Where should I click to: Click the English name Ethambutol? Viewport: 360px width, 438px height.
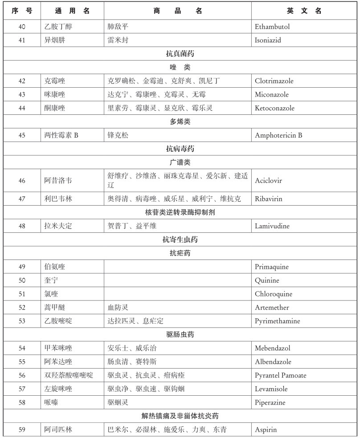pyautogui.click(x=272, y=27)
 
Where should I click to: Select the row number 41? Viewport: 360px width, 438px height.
pyautogui.click(x=22, y=40)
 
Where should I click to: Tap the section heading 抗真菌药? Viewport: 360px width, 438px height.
pyautogui.click(x=180, y=54)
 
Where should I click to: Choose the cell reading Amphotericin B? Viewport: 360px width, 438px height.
pyautogui.click(x=278, y=135)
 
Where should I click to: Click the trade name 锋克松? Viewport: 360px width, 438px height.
pyautogui.click(x=118, y=135)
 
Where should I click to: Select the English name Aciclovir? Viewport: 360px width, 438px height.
pyautogui.click(x=268, y=181)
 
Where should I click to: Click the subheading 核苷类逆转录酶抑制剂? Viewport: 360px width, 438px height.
pyautogui.click(x=180, y=212)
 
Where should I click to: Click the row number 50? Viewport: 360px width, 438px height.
pyautogui.click(x=22, y=280)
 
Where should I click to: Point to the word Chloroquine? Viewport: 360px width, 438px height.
pyautogui.click(x=273, y=294)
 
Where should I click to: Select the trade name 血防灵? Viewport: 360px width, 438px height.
pyautogui.click(x=118, y=308)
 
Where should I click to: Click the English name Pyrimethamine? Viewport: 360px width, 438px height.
pyautogui.click(x=278, y=321)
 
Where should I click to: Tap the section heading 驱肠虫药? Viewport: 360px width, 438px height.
pyautogui.click(x=180, y=335)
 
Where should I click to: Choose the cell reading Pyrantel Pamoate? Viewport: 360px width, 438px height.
pyautogui.click(x=280, y=375)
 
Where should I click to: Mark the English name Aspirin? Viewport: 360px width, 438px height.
pyautogui.click(x=266, y=430)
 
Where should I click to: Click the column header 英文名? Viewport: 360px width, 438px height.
pyautogui.click(x=304, y=11)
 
